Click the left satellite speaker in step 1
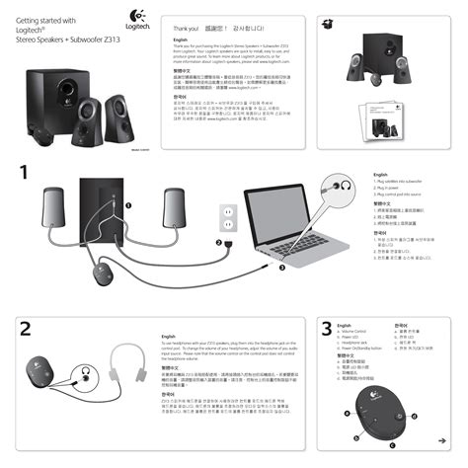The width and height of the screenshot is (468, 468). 52,208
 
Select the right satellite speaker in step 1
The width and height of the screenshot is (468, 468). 173,208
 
